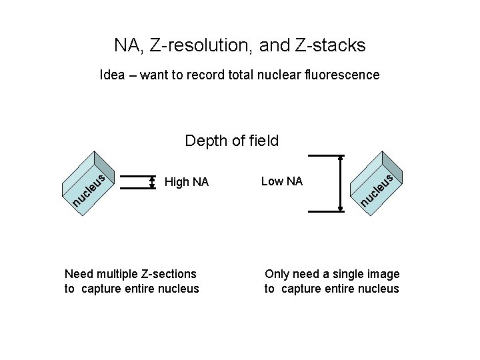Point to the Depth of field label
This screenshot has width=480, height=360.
tap(231, 141)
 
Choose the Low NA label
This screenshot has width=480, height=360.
tap(282, 181)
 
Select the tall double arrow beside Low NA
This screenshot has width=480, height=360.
tap(341, 183)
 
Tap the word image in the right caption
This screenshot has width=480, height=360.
tap(384, 274)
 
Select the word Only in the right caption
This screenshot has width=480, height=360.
tap(277, 274)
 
